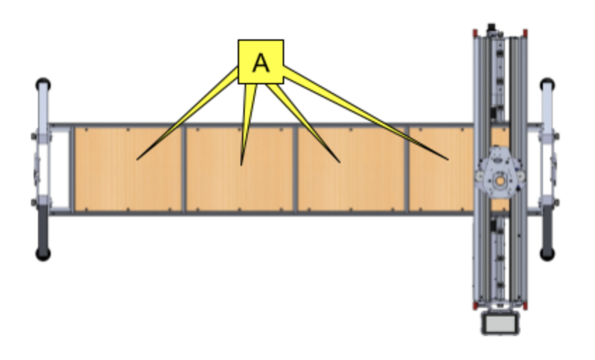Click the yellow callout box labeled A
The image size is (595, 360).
pyautogui.click(x=260, y=62)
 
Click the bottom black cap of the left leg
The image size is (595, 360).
pyautogui.click(x=43, y=253)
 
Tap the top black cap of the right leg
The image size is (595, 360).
pyautogui.click(x=547, y=85)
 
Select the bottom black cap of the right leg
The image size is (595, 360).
pyautogui.click(x=547, y=252)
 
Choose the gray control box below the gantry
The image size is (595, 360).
pyautogui.click(x=499, y=323)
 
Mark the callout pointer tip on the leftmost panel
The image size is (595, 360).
pyautogui.click(x=137, y=159)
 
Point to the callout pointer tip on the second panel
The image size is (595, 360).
pyautogui.click(x=241, y=165)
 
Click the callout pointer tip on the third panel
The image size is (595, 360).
pyautogui.click(x=339, y=162)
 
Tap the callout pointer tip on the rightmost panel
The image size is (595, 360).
pyautogui.click(x=447, y=159)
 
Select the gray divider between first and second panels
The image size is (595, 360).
pyautogui.click(x=184, y=169)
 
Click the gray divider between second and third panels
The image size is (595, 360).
pyautogui.click(x=295, y=169)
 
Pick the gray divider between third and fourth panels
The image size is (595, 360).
pyautogui.click(x=407, y=169)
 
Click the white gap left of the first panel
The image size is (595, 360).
pyautogui.click(x=60, y=169)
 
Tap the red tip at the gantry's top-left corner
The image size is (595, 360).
pyautogui.click(x=475, y=32)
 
